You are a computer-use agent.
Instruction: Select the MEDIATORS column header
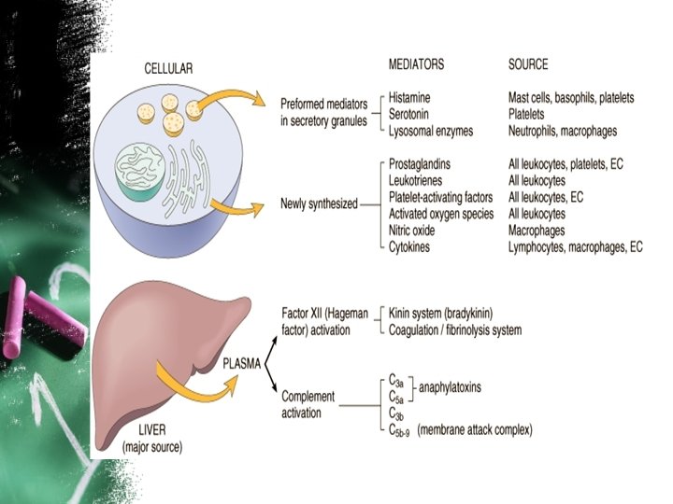point(416,64)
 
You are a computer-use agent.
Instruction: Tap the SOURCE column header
point(527,64)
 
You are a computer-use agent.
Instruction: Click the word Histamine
point(412,98)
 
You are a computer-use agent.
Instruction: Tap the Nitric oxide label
point(413,230)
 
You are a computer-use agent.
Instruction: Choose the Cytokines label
point(411,246)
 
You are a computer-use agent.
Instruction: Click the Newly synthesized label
point(319,204)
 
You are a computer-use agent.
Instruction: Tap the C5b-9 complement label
point(399,430)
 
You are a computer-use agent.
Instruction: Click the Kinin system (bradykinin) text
point(440,314)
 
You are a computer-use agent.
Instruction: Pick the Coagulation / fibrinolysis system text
point(455,329)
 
